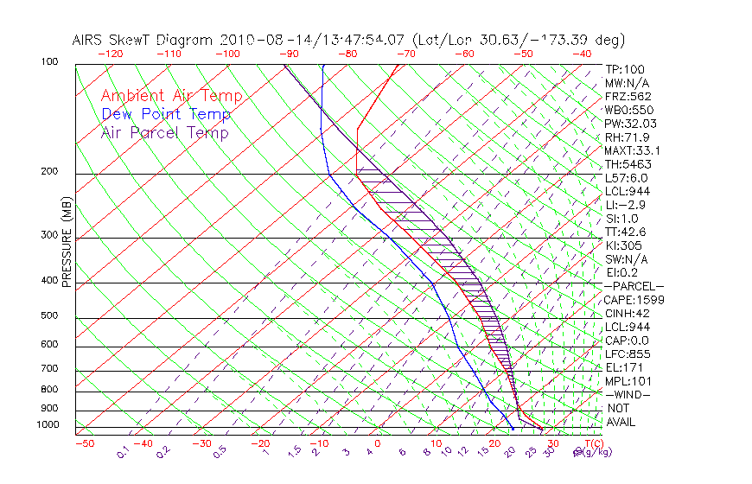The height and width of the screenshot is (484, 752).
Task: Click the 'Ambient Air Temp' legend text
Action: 171,97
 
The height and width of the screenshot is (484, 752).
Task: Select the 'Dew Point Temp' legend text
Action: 166,115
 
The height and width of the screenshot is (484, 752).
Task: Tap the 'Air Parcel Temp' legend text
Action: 165,133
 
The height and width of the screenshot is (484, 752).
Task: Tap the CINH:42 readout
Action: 628,313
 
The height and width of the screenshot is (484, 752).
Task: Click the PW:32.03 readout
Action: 629,124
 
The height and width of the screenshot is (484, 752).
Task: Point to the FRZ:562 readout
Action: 628,96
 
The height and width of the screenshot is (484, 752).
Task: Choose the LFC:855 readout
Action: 627,353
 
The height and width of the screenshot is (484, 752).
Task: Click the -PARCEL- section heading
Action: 634,286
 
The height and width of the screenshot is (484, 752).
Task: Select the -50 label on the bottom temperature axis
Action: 84,443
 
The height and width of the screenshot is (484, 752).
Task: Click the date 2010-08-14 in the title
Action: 261,40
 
